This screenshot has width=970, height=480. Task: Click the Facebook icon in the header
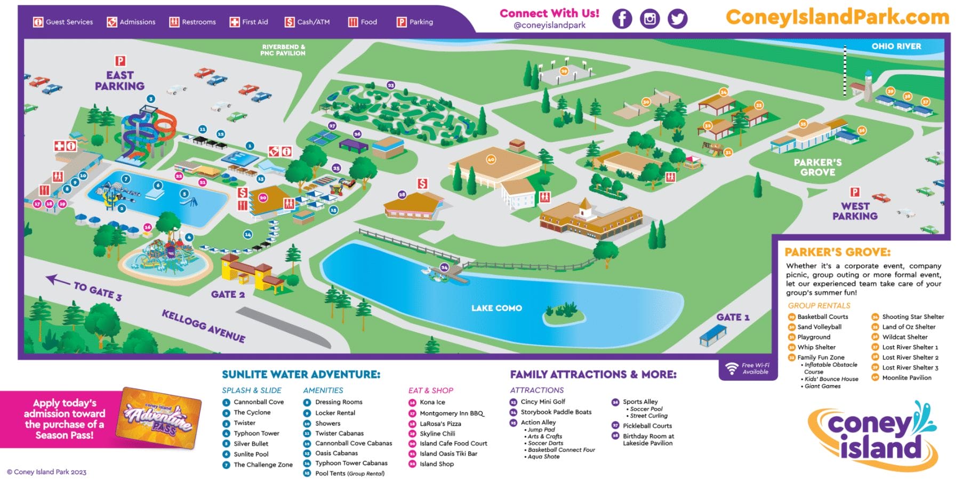622,19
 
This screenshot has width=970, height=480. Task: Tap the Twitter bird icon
677,19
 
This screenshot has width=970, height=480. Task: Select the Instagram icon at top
650,19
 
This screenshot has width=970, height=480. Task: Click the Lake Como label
496,308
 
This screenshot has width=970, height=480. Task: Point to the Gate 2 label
228,294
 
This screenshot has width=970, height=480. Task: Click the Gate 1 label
733,317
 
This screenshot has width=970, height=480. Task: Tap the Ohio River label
896,46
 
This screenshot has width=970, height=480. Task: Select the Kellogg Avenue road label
204,326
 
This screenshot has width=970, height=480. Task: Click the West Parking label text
855,211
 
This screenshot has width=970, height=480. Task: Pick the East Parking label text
119,81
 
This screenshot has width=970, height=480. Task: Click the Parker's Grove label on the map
817,167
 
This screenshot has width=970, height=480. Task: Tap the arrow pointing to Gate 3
58,280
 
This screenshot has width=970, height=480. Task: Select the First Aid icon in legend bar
235,22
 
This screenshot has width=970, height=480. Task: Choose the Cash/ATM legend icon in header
290,22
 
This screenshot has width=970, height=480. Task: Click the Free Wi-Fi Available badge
748,368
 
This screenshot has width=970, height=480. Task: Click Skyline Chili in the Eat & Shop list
437,434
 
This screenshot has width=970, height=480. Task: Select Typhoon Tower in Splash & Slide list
256,434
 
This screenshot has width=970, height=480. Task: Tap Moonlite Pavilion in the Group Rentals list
907,377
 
